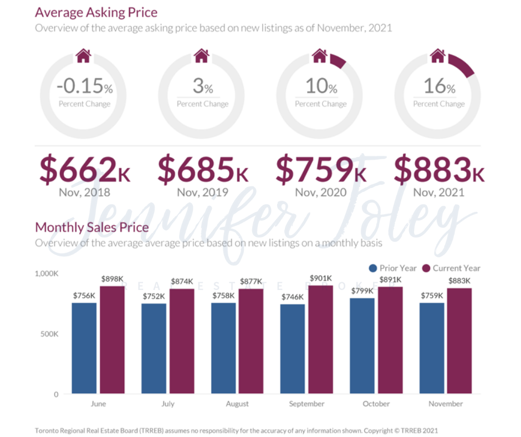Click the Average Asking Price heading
pyautogui.click(x=96, y=12)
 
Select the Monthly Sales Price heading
pyautogui.click(x=91, y=227)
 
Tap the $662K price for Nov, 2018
pyautogui.click(x=85, y=170)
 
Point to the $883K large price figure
pyautogui.click(x=439, y=170)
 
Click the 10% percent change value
pyautogui.click(x=321, y=87)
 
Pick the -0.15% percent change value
pyautogui.click(x=85, y=87)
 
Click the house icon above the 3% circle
pyautogui.click(x=202, y=55)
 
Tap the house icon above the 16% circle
pyautogui.click(x=438, y=55)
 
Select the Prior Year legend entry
pyautogui.click(x=392, y=268)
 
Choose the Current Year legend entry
pyautogui.click(x=451, y=268)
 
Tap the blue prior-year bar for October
pyautogui.click(x=362, y=346)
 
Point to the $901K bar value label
pyautogui.click(x=321, y=278)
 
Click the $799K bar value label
pyautogui.click(x=362, y=291)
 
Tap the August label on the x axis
pyautogui.click(x=237, y=404)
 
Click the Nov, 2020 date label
pyautogui.click(x=321, y=192)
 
